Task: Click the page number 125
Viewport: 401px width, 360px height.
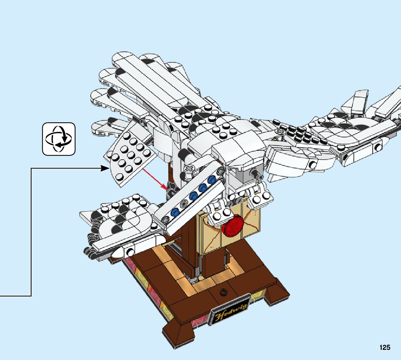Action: click(385, 348)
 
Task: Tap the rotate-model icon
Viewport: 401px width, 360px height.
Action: click(59, 139)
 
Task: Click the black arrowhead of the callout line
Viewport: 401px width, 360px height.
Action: click(105, 168)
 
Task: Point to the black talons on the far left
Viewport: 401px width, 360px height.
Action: click(89, 250)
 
